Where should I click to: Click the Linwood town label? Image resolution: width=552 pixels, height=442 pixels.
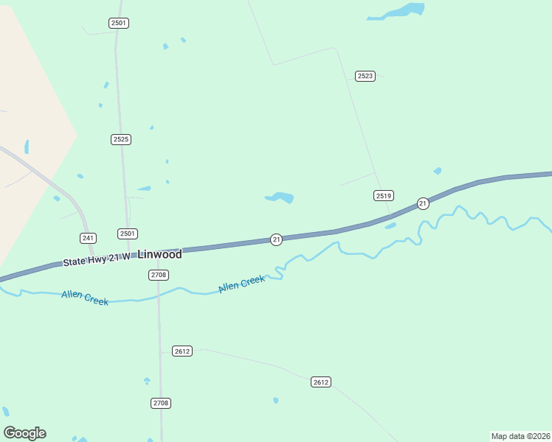(x=159, y=254)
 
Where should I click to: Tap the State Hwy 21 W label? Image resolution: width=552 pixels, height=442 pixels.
(x=96, y=259)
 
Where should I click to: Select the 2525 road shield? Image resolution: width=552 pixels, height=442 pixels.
(x=121, y=139)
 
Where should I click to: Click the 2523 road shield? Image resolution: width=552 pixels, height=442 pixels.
(x=365, y=76)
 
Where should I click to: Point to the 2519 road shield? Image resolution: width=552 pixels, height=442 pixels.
(x=383, y=195)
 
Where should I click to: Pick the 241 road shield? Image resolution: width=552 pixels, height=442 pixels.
(x=89, y=237)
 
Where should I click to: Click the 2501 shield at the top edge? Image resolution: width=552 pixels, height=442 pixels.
(x=119, y=23)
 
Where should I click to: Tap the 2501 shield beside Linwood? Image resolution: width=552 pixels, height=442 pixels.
(x=127, y=234)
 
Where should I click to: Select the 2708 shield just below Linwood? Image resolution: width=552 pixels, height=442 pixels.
(x=159, y=275)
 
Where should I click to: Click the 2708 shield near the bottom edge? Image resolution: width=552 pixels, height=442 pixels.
(x=161, y=403)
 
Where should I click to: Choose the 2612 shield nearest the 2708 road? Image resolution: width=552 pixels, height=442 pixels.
(x=182, y=351)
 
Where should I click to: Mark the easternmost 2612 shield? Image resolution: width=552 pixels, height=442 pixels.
(x=321, y=382)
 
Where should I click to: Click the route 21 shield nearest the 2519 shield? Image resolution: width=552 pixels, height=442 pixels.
(x=423, y=203)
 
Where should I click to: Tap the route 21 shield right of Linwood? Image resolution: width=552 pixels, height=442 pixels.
(x=276, y=240)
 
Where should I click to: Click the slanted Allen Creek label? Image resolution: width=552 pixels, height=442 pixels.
(x=241, y=283)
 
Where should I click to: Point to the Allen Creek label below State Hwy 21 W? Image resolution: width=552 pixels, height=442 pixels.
(x=85, y=297)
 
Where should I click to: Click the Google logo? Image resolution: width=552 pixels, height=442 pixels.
(x=24, y=433)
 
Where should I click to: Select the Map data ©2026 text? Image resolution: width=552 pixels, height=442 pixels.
(x=520, y=436)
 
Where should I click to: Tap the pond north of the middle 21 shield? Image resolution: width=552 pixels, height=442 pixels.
(x=280, y=197)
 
